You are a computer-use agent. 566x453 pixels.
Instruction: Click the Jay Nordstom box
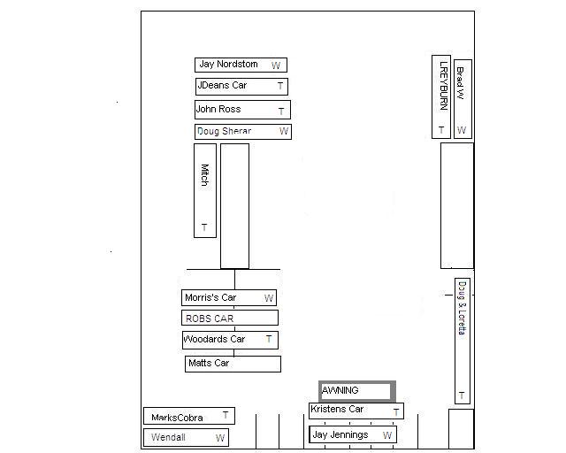(x=241, y=65)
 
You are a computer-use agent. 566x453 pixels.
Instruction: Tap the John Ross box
(x=242, y=110)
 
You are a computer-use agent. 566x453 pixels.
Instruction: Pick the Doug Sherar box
(x=243, y=131)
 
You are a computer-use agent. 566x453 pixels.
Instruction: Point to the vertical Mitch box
(x=204, y=190)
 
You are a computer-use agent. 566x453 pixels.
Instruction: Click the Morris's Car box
(x=229, y=297)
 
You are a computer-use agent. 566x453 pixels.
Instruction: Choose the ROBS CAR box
(x=230, y=318)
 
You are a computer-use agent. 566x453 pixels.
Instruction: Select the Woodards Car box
(x=230, y=339)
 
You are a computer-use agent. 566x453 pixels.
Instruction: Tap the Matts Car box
(x=233, y=364)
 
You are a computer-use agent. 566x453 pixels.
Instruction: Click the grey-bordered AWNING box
(x=356, y=390)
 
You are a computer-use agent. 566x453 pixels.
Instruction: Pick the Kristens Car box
(x=356, y=411)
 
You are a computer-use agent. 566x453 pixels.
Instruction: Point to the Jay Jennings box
(x=352, y=434)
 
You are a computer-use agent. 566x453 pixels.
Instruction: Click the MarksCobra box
(x=189, y=416)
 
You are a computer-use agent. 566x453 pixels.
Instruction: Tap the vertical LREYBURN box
(x=440, y=96)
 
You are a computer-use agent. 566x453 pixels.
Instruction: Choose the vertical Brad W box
(x=462, y=98)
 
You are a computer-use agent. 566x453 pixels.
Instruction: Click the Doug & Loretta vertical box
(x=462, y=341)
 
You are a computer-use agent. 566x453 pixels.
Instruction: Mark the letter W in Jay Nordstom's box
(x=276, y=65)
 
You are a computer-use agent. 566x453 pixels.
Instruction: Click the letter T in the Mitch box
(x=204, y=227)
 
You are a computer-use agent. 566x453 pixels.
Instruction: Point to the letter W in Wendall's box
(x=219, y=438)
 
